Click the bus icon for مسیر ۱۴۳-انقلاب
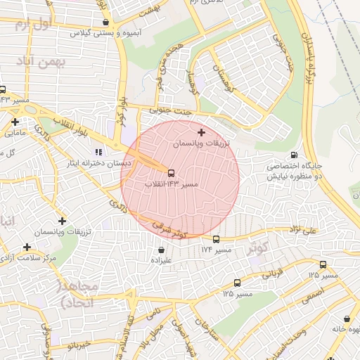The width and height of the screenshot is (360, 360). point(170,172)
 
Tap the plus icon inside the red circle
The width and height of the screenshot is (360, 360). point(202,131)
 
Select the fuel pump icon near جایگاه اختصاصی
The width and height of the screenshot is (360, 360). point(293,155)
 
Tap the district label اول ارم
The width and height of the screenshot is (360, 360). point(33,25)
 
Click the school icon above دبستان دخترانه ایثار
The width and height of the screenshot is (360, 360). point(99,151)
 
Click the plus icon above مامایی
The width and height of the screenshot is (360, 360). point(15,122)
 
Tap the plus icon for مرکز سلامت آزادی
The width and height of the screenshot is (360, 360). point(27,247)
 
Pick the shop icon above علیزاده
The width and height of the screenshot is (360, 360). point(162,249)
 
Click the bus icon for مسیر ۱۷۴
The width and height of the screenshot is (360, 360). point(216,239)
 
